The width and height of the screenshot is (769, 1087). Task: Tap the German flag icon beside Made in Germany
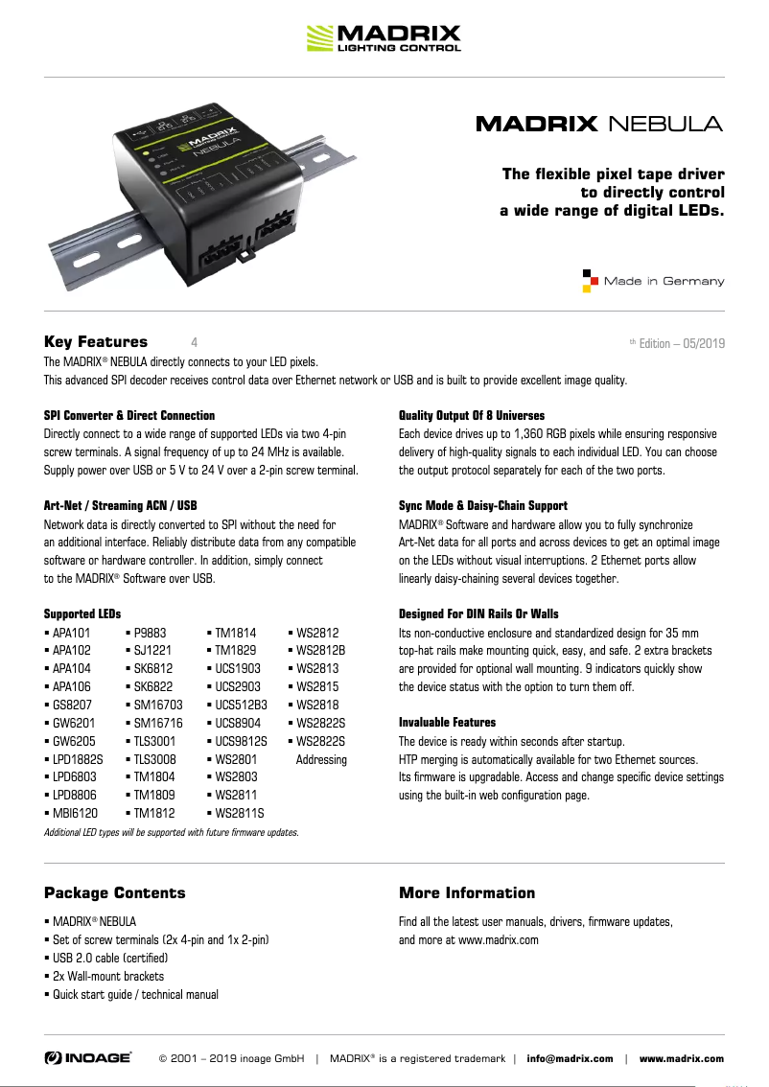pos(591,281)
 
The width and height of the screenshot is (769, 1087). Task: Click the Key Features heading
pos(96,342)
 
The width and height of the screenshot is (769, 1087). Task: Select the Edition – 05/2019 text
pos(682,343)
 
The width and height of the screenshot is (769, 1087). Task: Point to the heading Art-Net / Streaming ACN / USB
pos(121,505)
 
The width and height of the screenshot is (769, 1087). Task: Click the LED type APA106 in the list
pos(70,687)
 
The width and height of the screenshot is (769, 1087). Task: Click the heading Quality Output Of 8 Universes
pos(472,415)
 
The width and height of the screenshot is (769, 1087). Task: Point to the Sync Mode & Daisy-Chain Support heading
pos(483,505)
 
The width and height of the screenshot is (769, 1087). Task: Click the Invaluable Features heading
pos(447,722)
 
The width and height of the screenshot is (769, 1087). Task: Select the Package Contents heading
pos(115,893)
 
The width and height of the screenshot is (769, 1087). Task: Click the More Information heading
pos(467,893)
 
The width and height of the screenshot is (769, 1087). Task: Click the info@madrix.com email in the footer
pos(570,1058)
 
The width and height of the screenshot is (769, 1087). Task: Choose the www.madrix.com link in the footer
pos(682,1058)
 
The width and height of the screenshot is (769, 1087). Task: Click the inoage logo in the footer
pos(88,1057)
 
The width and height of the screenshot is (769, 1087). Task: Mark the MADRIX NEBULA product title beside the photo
pos(599,124)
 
